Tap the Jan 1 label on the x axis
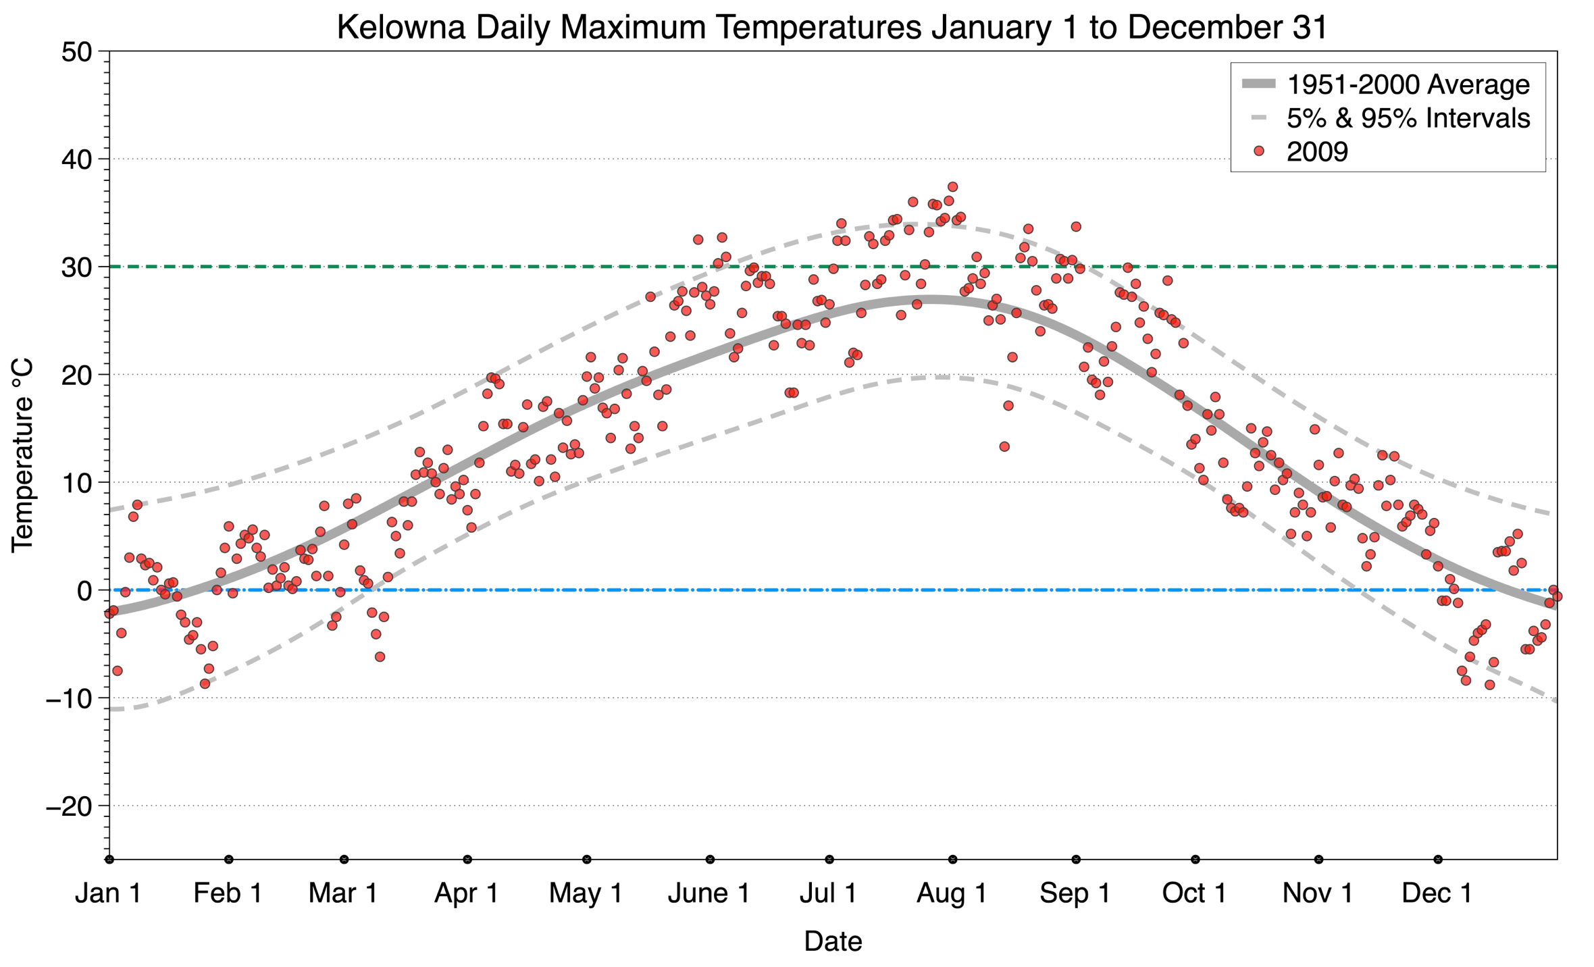pos(108,893)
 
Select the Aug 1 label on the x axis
pos(952,893)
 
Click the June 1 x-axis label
pos(709,893)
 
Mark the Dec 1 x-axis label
pos(1437,893)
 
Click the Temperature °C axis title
pos(22,456)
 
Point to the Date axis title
pos(833,941)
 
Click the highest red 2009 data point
pos(952,187)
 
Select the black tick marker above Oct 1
pos(1195,860)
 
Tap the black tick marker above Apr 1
pos(467,860)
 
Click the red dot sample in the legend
pos(1258,152)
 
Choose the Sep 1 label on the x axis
pos(1075,893)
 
